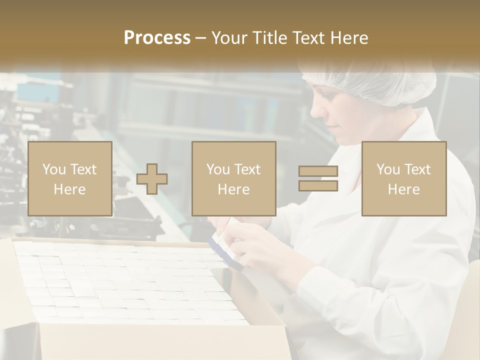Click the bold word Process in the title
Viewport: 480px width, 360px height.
tap(157, 38)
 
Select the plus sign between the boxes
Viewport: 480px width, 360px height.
tap(152, 179)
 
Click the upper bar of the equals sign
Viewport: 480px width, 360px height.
tap(318, 171)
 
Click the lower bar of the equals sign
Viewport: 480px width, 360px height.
tap(318, 186)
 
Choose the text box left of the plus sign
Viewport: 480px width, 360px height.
tap(69, 178)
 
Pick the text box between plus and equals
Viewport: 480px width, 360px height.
tap(233, 178)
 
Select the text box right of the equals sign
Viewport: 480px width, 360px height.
tap(403, 178)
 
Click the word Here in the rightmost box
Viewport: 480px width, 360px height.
tap(403, 189)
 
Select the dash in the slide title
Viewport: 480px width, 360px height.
tap(201, 38)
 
